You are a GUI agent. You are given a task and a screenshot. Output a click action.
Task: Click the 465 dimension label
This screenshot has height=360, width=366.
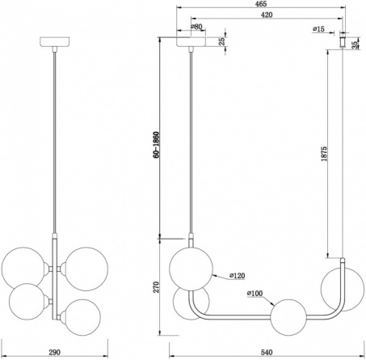tap(261, 4)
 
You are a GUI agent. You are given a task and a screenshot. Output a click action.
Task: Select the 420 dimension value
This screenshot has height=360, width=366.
tap(267, 15)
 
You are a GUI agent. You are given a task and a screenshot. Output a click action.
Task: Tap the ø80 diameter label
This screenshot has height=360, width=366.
tap(196, 27)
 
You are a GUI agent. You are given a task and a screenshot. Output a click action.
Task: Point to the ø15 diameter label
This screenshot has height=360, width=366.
tap(319, 29)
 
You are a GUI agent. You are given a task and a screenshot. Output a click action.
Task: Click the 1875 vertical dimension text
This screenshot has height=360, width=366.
tap(324, 154)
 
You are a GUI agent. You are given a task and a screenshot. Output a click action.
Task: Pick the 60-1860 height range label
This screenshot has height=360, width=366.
tap(156, 145)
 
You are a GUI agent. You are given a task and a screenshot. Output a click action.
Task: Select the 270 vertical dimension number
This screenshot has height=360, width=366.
tap(156, 287)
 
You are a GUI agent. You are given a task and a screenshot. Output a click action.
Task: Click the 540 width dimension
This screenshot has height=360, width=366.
tap(267, 352)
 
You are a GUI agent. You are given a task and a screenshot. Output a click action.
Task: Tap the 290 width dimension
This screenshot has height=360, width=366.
tap(54, 352)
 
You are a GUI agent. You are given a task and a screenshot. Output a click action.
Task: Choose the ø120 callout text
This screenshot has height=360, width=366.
tap(238, 276)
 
